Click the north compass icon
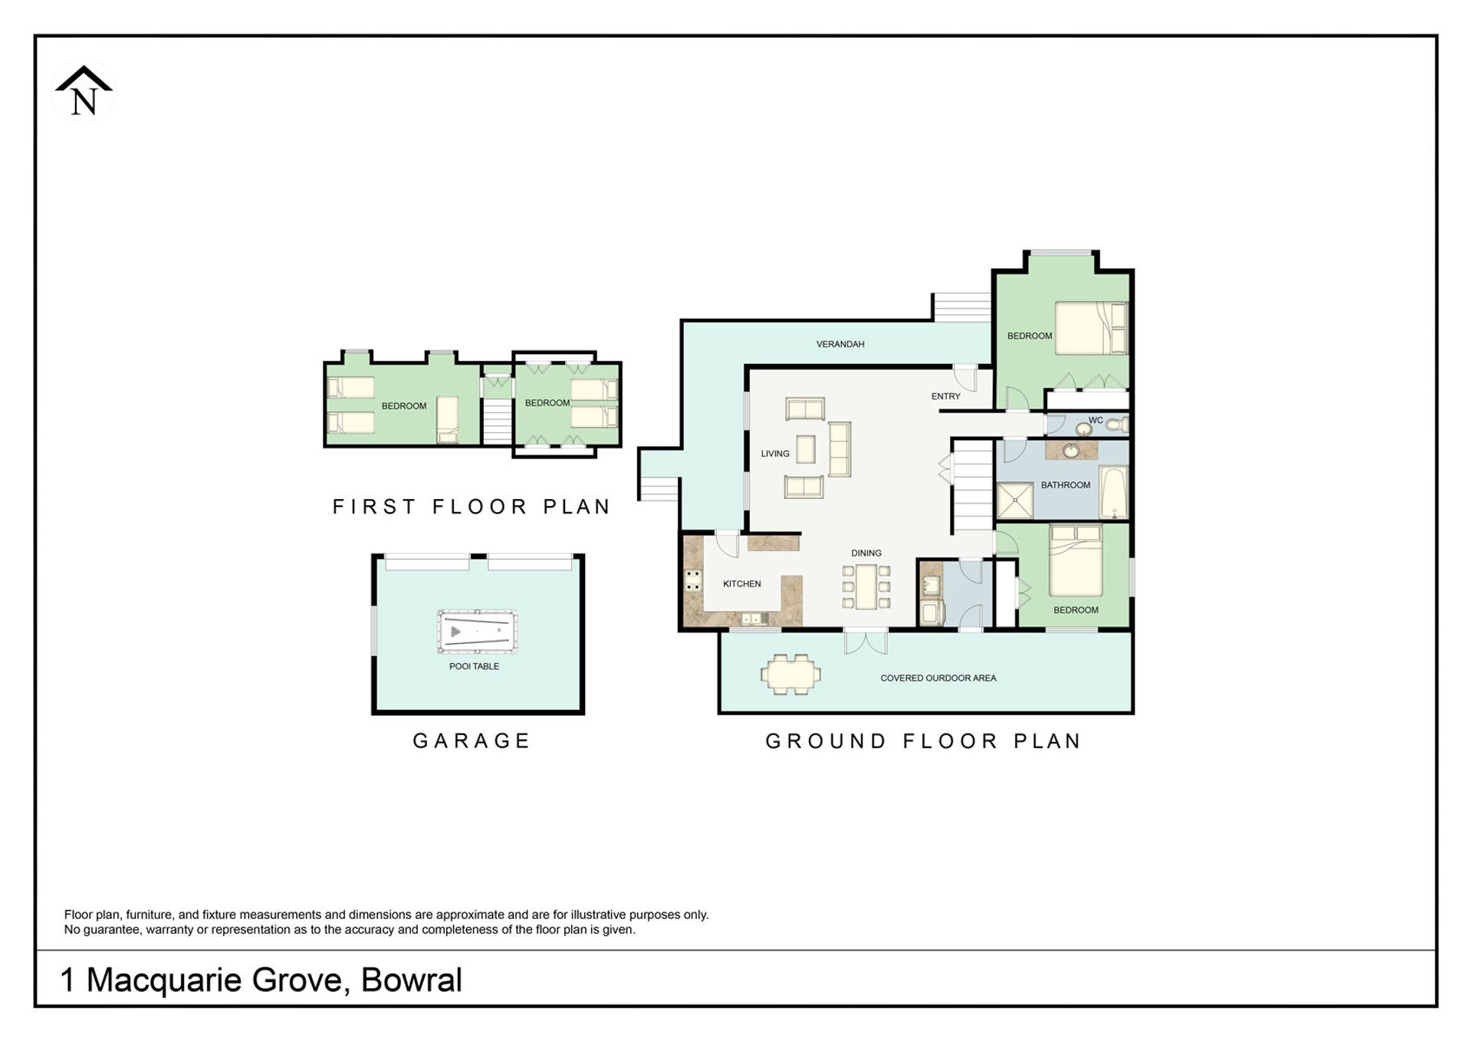[84, 92]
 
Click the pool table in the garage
[477, 632]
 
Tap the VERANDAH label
[840, 344]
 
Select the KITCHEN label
[741, 584]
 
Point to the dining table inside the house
[866, 586]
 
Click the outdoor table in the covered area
[790, 675]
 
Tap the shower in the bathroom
[1015, 501]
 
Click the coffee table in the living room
[805, 449]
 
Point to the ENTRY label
[945, 396]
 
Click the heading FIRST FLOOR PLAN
[472, 507]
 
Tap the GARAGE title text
[472, 741]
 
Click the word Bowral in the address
[412, 980]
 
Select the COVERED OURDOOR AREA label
[938, 678]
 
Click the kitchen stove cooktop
[693, 580]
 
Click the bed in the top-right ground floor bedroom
[1091, 328]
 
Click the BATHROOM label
[1065, 485]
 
